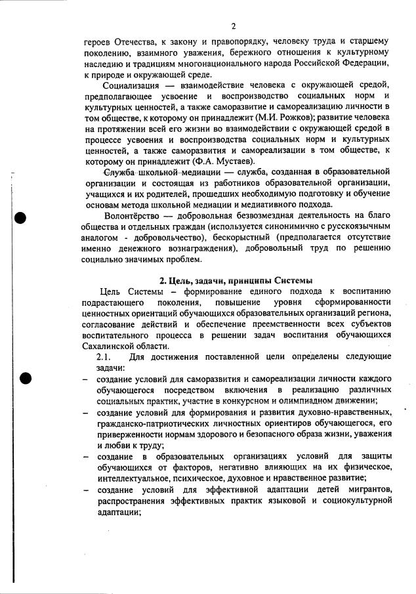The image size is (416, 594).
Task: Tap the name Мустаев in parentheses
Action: (x=232, y=161)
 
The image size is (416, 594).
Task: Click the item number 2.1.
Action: (x=104, y=357)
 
